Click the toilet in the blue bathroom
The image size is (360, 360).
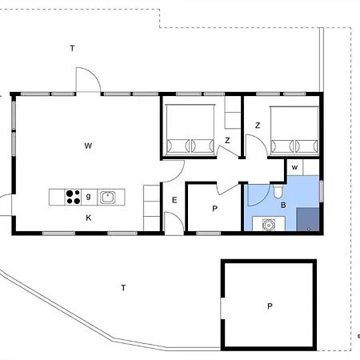click(x=278, y=191)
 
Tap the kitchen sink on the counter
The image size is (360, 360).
click(x=107, y=198)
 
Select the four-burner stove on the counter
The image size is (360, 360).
click(x=73, y=197)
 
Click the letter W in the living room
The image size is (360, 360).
click(x=88, y=146)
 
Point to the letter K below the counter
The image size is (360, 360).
click(x=89, y=218)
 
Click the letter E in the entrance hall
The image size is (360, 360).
click(x=174, y=200)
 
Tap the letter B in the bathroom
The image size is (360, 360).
click(x=283, y=205)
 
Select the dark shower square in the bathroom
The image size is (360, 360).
click(x=308, y=219)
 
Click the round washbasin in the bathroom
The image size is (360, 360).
click(x=269, y=225)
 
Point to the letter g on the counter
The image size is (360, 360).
click(x=88, y=196)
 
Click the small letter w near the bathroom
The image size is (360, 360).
click(x=294, y=167)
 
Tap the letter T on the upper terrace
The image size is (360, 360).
click(x=72, y=48)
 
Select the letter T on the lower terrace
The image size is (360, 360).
click(x=123, y=288)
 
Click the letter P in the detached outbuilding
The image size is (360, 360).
click(x=270, y=306)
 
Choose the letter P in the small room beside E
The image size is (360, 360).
click(x=214, y=209)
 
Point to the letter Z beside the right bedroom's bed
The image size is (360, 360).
click(x=258, y=126)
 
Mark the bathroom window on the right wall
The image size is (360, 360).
click(x=322, y=191)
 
